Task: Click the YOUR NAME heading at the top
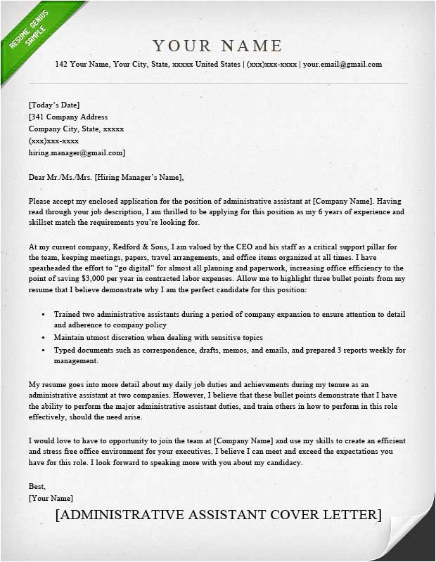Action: pyautogui.click(x=217, y=46)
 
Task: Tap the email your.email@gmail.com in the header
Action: pyautogui.click(x=342, y=65)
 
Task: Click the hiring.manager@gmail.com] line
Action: pyautogui.click(x=77, y=152)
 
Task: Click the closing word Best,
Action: pyautogui.click(x=37, y=486)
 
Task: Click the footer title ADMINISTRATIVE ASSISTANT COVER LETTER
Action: pyautogui.click(x=218, y=515)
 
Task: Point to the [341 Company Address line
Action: pyautogui.click(x=68, y=117)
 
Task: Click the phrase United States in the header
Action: pyautogui.click(x=216, y=65)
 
